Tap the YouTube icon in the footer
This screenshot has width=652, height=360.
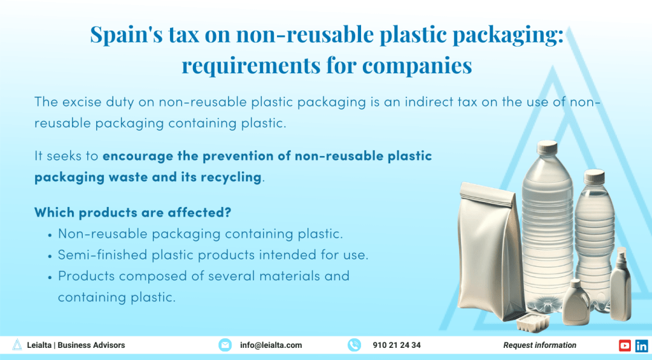[625, 345]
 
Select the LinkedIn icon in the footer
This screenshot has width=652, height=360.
[641, 345]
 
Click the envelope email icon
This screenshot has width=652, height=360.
[225, 345]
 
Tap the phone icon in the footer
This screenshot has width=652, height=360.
[354, 345]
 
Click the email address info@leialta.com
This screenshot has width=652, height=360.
[271, 345]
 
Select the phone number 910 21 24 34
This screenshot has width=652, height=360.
[397, 345]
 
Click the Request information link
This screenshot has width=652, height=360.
[539, 345]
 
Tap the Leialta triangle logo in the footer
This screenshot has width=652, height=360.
[17, 345]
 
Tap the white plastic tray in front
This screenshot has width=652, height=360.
[532, 322]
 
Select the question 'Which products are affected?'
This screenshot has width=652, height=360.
[132, 212]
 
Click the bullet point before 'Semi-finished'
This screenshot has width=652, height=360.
[50, 256]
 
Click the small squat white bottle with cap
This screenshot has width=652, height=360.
[576, 302]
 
